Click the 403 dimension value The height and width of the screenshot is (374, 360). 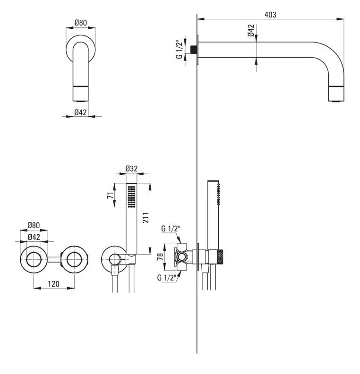click(x=270, y=15)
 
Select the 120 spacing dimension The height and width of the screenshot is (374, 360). click(x=53, y=284)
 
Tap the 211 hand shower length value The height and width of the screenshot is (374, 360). click(x=146, y=218)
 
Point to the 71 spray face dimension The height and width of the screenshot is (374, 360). click(x=110, y=195)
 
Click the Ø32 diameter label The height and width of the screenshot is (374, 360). click(x=131, y=169)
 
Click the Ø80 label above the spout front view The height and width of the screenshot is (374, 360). click(x=81, y=23)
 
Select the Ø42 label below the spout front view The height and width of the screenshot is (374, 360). click(x=80, y=112)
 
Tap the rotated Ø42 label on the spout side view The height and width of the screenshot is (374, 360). click(x=251, y=30)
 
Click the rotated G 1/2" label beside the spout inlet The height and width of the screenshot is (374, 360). click(x=179, y=50)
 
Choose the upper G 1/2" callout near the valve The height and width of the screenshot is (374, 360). click(x=171, y=229)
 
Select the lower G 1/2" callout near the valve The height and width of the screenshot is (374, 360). click(x=166, y=277)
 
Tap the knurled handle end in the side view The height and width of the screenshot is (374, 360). click(x=221, y=257)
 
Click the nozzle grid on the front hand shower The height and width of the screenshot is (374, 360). click(x=131, y=196)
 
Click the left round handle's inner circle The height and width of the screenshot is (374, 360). click(x=34, y=259)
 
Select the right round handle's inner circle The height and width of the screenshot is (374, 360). click(x=74, y=259)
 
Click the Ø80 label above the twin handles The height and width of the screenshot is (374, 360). click(x=34, y=225)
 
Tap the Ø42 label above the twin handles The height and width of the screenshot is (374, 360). click(x=34, y=237)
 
